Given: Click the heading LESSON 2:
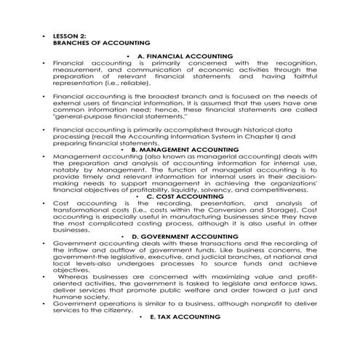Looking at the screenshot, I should click(x=71, y=36).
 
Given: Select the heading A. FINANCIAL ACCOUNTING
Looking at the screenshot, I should click(x=185, y=56).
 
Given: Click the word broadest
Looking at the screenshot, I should click(x=159, y=95).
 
